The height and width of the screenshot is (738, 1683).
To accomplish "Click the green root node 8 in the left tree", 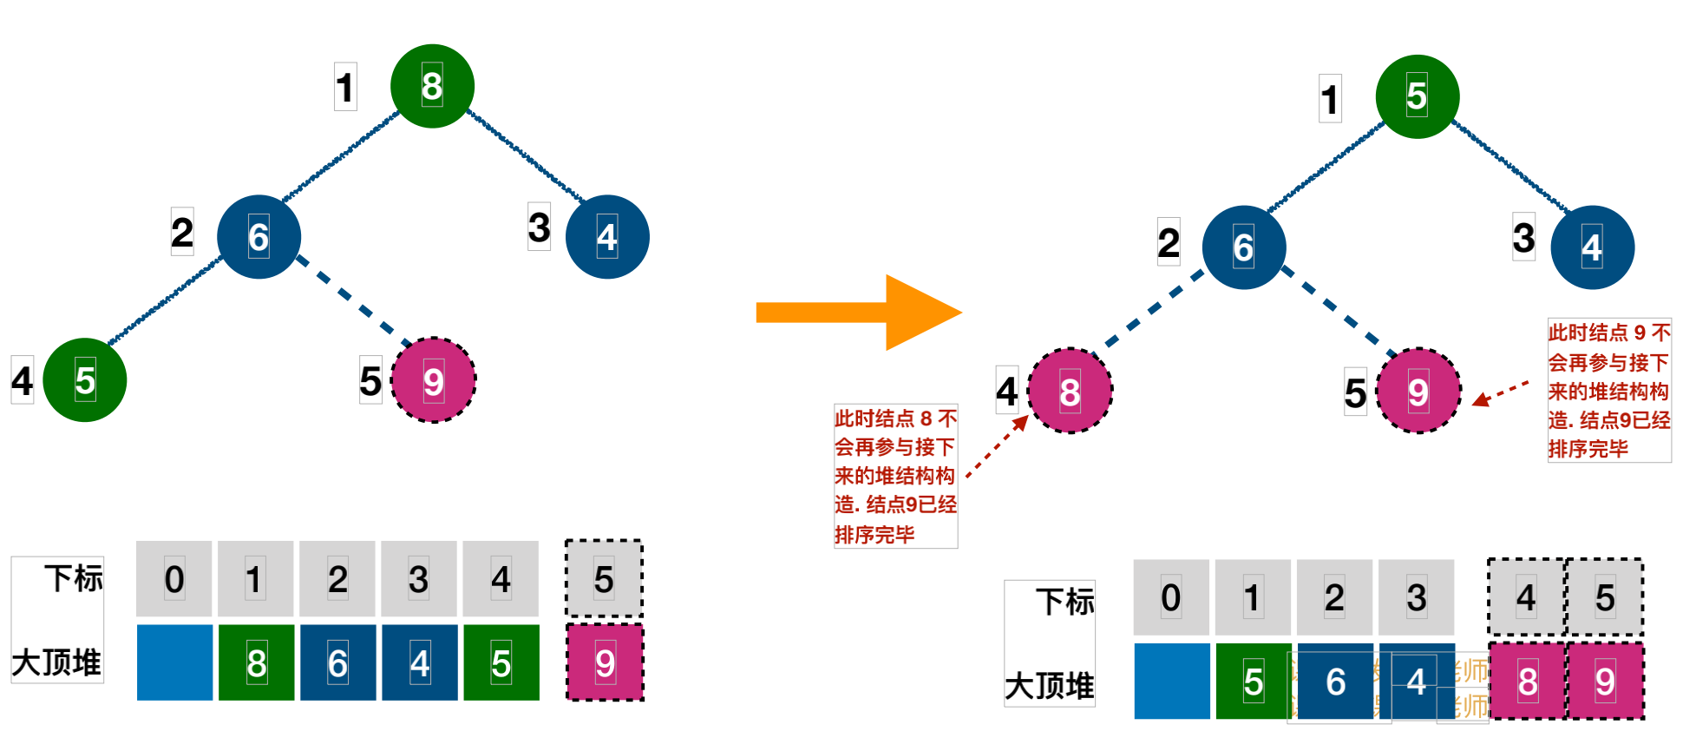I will point(432,86).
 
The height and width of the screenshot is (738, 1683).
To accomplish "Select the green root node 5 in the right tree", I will point(1417,96).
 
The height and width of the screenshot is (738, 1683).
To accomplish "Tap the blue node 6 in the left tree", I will point(259,236).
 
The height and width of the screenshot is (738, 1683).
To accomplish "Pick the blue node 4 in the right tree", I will point(1592,247).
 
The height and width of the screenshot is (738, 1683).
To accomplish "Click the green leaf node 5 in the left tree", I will point(85,380).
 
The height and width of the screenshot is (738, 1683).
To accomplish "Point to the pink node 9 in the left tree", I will point(433,380).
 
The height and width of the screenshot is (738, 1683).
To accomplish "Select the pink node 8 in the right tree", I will point(1070,392).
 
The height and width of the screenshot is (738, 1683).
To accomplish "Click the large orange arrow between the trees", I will point(859,313).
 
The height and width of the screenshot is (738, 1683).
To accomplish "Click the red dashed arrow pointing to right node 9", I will point(1501,392).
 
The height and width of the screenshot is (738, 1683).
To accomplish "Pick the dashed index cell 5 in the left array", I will point(604,578).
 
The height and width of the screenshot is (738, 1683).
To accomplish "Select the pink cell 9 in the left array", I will point(605,662).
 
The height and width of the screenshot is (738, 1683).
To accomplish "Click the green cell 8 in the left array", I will point(256,662).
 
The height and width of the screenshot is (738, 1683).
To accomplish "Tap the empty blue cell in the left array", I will point(174,662).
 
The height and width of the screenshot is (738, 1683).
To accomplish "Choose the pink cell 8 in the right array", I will point(1527,681).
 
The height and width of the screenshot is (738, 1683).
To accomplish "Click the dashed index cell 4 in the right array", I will point(1526,597).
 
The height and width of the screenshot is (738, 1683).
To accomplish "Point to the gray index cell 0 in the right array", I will point(1170,597).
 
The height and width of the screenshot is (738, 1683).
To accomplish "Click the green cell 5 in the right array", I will point(1253,681).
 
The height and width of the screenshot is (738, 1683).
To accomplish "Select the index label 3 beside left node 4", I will point(539,227).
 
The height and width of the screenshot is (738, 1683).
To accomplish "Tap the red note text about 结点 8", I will point(895,476).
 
